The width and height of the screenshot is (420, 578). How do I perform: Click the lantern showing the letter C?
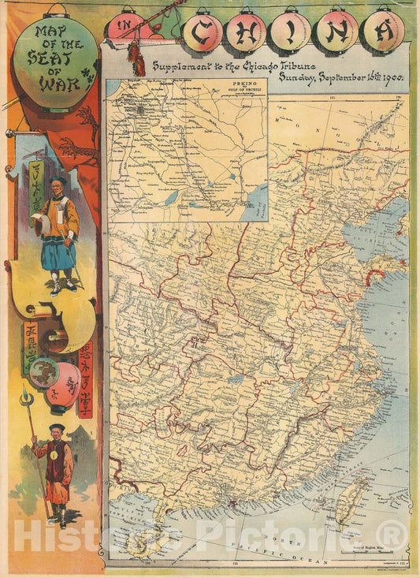(203, 33)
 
